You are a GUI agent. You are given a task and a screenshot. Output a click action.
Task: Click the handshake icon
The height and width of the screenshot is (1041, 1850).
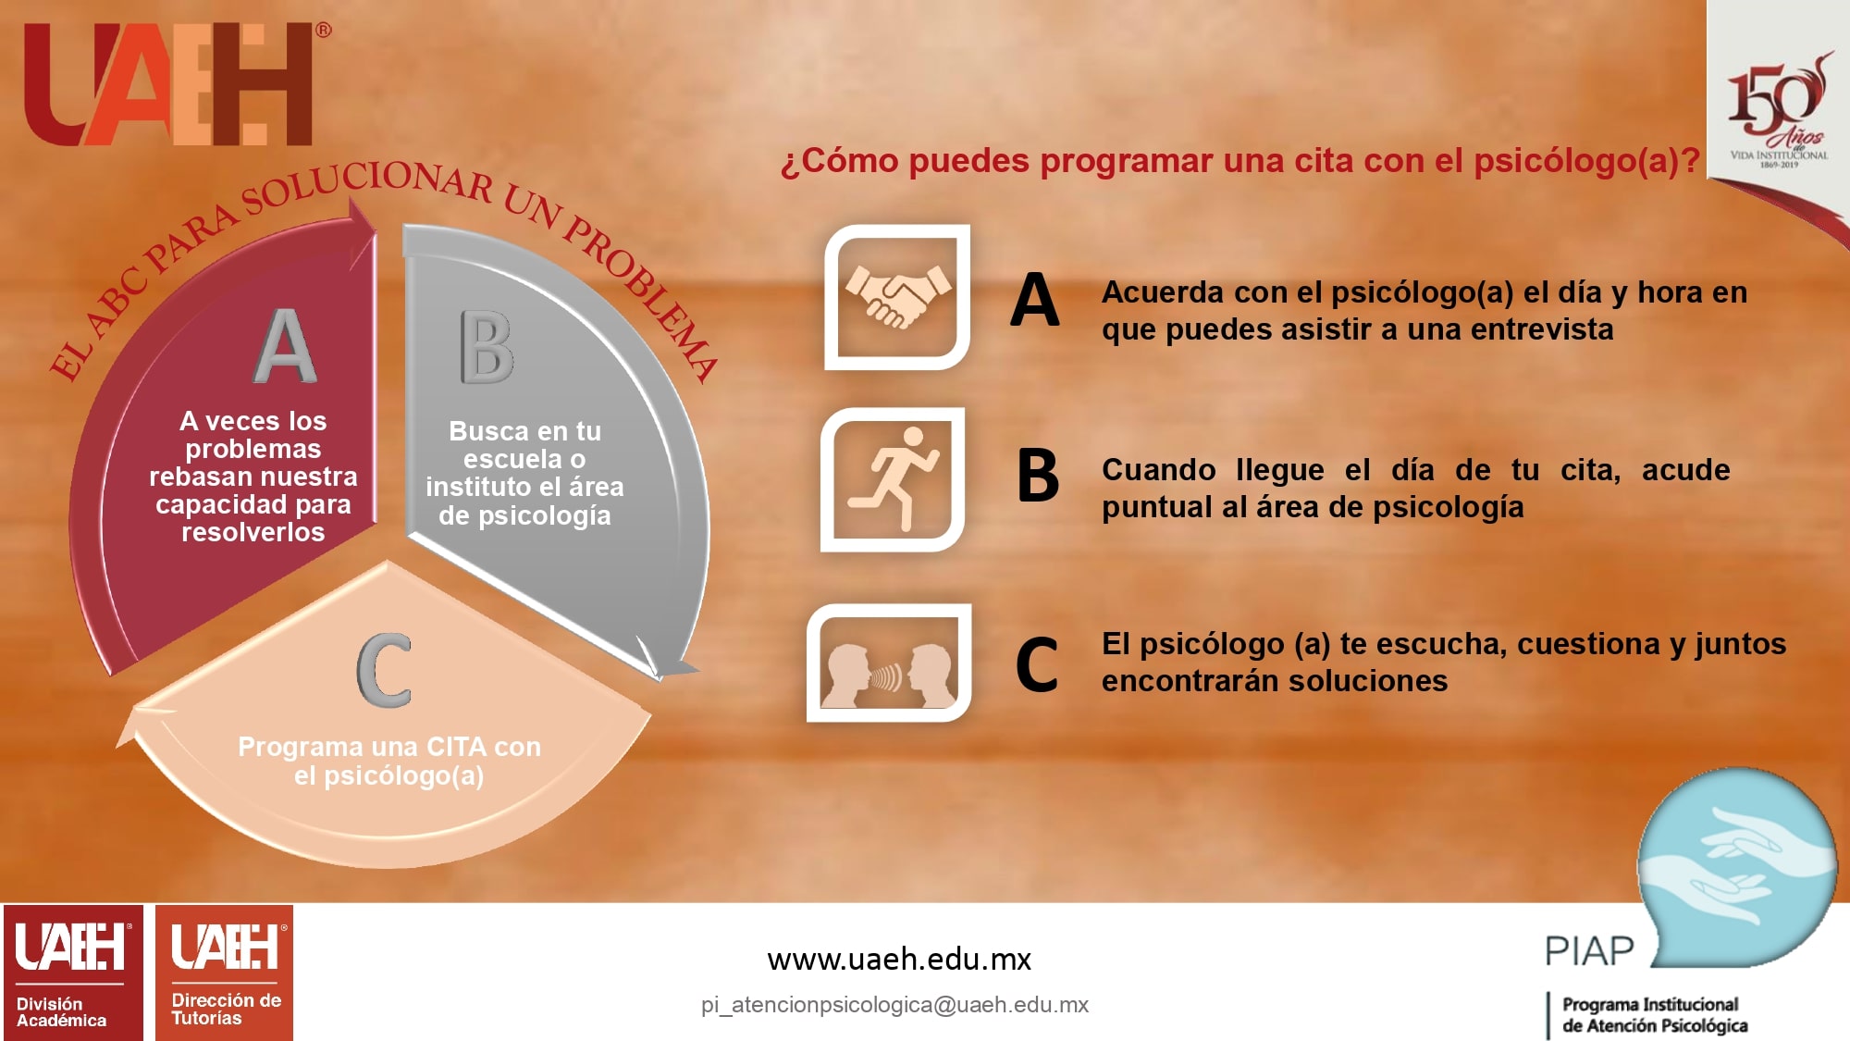[x=897, y=297]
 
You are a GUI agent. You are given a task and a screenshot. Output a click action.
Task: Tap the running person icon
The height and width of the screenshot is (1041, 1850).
[x=894, y=479]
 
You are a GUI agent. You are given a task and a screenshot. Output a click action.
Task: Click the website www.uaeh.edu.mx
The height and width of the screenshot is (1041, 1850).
[x=899, y=960]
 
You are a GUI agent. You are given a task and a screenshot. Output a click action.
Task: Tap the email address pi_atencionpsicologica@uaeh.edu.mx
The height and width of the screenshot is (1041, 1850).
[x=894, y=1005]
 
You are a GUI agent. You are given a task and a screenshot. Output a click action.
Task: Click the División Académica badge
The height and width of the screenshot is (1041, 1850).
[x=73, y=973]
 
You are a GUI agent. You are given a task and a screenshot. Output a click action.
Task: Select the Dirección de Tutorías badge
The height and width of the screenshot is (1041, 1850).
[x=224, y=973]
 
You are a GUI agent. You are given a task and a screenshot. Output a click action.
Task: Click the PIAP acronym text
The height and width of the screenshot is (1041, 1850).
[x=1589, y=950]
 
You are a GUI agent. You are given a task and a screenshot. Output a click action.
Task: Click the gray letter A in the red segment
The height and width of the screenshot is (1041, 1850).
[x=285, y=345]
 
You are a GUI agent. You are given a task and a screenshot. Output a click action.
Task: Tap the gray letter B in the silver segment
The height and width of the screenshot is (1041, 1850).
[x=487, y=347]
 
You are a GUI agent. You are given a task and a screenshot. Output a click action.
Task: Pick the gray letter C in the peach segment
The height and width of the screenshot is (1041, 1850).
[x=384, y=670]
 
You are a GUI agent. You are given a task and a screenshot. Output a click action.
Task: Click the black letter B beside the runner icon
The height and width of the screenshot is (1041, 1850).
[x=1038, y=476]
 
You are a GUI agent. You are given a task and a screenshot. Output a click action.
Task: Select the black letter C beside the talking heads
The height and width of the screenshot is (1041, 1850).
[x=1037, y=664]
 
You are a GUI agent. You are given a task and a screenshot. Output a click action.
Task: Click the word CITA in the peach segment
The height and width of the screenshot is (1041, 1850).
[x=456, y=747]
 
